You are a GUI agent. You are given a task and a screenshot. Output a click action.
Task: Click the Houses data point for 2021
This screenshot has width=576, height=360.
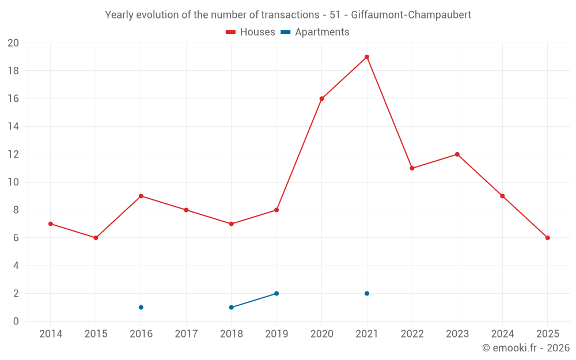point(367,57)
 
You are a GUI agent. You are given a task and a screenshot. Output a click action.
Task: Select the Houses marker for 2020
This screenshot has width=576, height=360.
point(321,98)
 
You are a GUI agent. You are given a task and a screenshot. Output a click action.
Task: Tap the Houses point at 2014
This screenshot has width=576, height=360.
point(51,224)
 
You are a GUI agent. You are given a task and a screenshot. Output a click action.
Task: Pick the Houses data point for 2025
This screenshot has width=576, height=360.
point(548,238)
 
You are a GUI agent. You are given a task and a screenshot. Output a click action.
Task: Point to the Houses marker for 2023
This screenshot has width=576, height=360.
point(457,154)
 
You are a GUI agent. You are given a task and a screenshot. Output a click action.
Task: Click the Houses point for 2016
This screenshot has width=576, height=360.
point(141,196)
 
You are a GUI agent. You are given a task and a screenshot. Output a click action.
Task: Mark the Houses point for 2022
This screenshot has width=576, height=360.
point(412,168)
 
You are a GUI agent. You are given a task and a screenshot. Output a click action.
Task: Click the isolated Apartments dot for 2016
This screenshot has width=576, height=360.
point(141,308)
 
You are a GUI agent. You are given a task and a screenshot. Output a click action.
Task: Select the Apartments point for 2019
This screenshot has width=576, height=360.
point(276,294)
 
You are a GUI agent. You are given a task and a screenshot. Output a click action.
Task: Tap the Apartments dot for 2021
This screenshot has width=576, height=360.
point(367,294)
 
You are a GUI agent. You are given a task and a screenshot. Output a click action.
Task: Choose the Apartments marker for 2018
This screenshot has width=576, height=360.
point(231,308)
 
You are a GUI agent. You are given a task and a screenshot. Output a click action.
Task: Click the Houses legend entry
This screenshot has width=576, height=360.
point(251,32)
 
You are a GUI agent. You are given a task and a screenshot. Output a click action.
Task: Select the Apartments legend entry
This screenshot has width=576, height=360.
point(315,32)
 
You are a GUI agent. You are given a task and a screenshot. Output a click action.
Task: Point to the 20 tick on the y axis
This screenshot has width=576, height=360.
point(13,43)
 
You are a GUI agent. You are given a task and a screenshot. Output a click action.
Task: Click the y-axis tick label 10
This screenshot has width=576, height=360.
point(13,182)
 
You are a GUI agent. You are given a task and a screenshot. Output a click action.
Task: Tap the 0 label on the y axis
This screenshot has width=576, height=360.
point(16,321)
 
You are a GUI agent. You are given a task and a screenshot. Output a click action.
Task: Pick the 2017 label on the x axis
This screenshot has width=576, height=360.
point(186,334)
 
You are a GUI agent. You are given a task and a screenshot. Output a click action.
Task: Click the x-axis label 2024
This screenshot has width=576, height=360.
point(502,334)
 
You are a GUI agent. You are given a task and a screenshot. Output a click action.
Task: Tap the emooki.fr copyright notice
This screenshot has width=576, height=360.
point(526,348)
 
